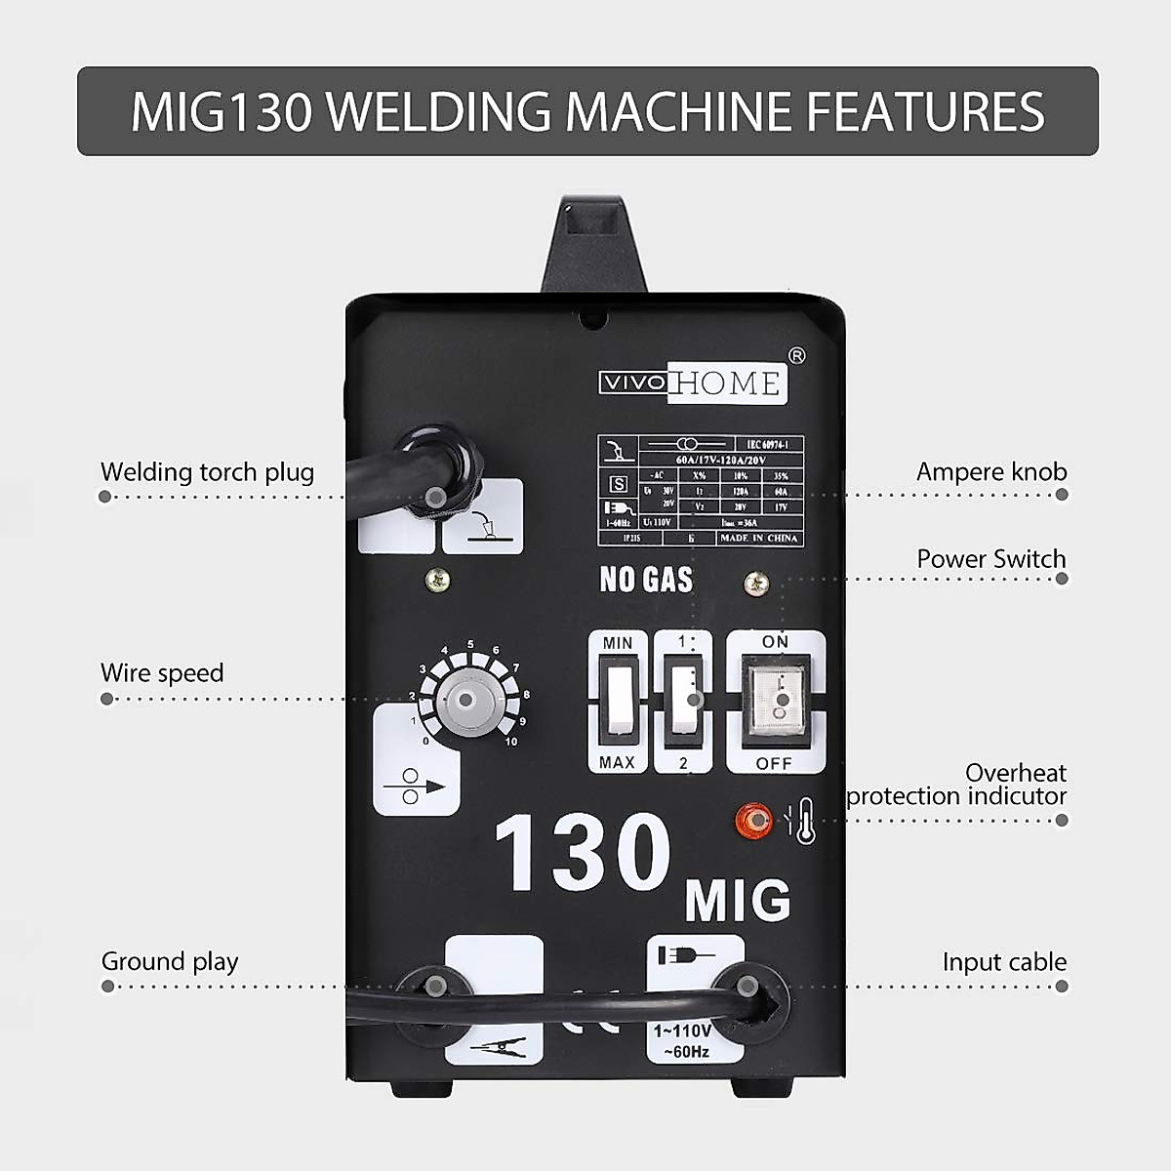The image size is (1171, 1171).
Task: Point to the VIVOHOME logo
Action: tap(691, 384)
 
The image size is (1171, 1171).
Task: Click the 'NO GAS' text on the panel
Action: tap(646, 580)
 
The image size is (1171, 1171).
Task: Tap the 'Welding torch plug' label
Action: tap(207, 472)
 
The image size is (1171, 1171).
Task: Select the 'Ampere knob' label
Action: tap(991, 471)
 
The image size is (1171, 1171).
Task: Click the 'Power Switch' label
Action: tap(991, 559)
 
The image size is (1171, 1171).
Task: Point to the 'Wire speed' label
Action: tap(162, 672)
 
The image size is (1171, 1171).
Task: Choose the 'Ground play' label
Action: tap(170, 961)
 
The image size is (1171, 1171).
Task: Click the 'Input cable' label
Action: tap(1004, 962)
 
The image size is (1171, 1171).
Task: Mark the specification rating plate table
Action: tap(701, 490)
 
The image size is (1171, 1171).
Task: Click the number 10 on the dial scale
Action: tap(511, 742)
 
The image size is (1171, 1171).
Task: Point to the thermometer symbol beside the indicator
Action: tap(805, 821)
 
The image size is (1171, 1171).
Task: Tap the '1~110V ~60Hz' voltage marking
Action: tap(683, 1041)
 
